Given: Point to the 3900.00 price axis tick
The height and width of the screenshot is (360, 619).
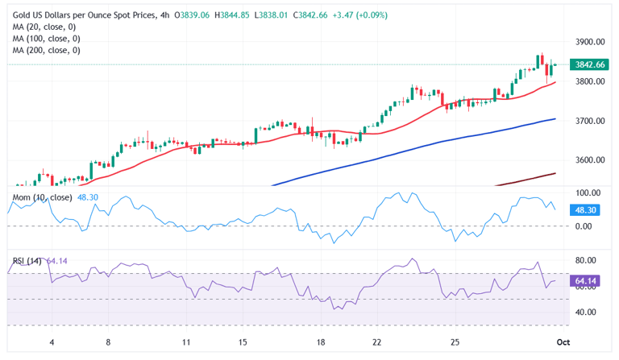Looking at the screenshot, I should [590, 42].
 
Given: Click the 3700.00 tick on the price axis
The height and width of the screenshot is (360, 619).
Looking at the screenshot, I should [590, 121].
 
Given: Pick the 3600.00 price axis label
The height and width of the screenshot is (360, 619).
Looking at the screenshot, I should [590, 159].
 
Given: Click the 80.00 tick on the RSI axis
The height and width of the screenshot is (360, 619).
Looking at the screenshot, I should [586, 261].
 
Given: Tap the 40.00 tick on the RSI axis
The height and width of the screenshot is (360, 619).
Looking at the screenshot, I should [586, 312].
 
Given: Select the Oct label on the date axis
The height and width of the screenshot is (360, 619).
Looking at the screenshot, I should [563, 341].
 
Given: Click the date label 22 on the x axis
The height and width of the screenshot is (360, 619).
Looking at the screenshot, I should [377, 341].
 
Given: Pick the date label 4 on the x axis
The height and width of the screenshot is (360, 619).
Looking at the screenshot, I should [52, 341].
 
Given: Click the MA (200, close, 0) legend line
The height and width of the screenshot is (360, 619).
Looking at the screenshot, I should [46, 50].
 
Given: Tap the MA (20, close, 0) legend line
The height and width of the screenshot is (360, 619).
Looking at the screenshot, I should [44, 27].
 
